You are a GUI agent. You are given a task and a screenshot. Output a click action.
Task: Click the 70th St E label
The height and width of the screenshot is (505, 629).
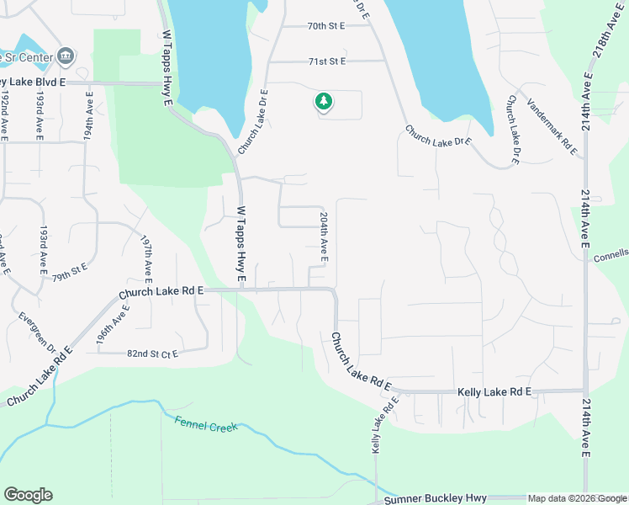(x=327, y=26)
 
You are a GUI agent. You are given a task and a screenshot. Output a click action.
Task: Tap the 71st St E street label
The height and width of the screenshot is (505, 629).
(x=327, y=61)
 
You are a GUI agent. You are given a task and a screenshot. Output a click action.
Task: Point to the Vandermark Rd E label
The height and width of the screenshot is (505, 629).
(x=552, y=126)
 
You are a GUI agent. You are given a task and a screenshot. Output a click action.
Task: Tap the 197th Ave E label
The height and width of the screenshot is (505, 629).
(x=147, y=258)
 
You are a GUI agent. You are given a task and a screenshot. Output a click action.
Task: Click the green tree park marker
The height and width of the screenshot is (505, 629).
(x=323, y=103)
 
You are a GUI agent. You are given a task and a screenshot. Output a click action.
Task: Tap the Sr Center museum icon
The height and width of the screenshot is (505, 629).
(x=66, y=57)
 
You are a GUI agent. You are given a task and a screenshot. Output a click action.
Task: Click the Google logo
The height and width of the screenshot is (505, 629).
(x=28, y=495)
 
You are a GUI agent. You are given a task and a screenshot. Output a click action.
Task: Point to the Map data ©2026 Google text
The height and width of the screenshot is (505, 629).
(x=576, y=499)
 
